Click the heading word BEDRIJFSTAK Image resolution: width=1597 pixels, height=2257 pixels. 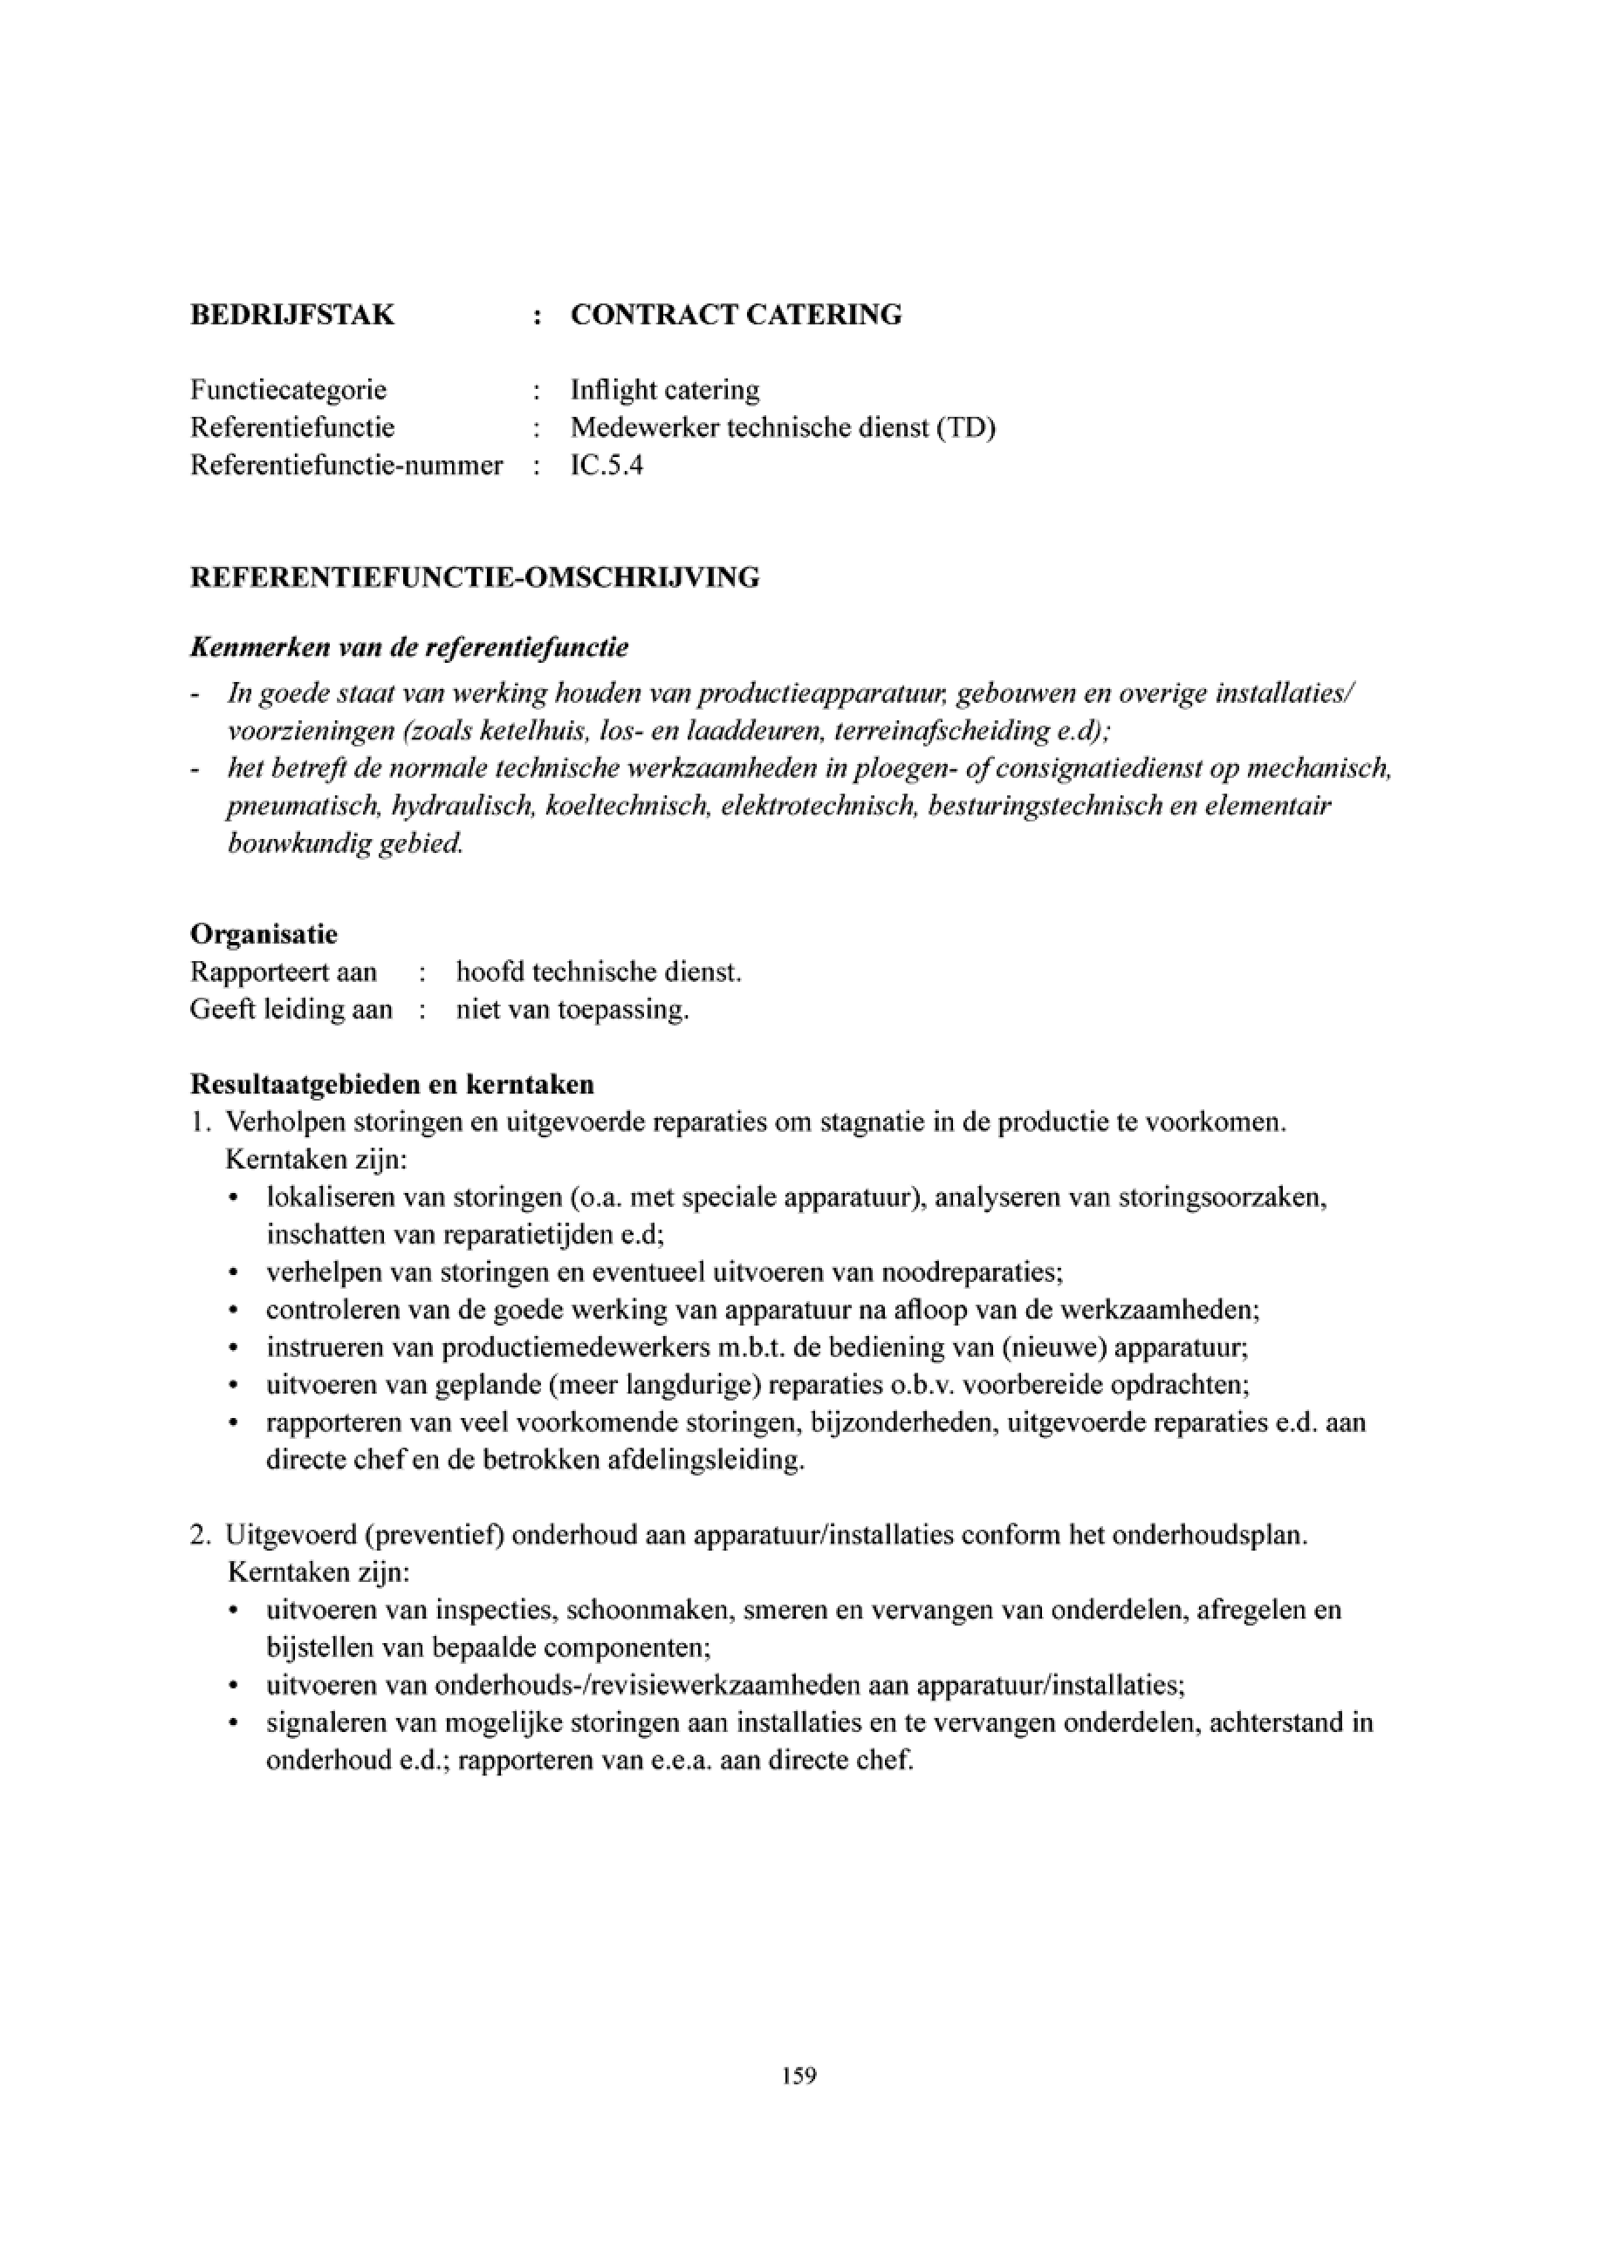[x=291, y=316]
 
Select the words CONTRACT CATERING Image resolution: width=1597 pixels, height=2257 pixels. [x=736, y=316]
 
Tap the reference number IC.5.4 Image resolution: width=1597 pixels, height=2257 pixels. [x=607, y=465]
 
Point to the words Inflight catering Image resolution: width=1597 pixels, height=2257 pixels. [x=665, y=390]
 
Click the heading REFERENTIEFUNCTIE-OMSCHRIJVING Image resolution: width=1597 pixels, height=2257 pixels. [x=474, y=577]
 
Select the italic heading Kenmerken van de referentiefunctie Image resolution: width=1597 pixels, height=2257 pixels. [x=409, y=648]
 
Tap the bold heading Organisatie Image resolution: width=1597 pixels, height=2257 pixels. [x=264, y=933]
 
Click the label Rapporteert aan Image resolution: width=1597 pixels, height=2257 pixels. [x=284, y=972]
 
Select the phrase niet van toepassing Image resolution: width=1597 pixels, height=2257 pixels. [x=572, y=1010]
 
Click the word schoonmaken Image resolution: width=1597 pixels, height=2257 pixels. [x=650, y=1610]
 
